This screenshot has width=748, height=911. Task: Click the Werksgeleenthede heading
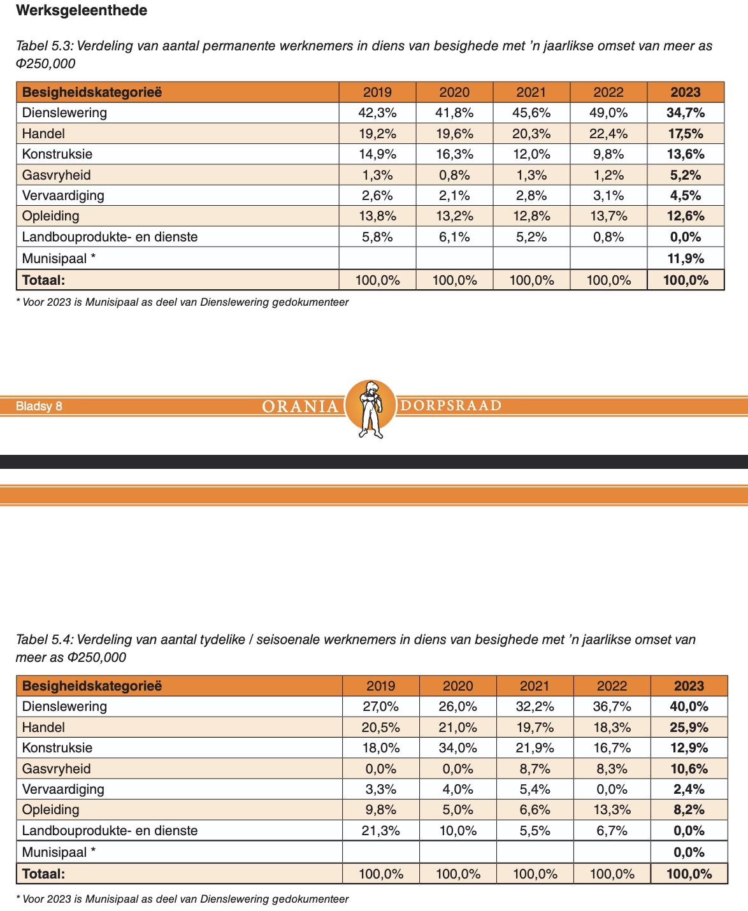[82, 11]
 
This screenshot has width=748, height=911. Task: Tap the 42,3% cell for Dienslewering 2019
[377, 113]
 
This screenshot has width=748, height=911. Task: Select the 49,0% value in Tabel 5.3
[608, 113]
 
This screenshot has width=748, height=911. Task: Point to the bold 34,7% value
[686, 113]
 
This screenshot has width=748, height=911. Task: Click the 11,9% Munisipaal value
[686, 258]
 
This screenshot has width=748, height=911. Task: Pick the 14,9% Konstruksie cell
[377, 154]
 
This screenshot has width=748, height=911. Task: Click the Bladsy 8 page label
[39, 406]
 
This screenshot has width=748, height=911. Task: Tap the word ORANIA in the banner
[300, 406]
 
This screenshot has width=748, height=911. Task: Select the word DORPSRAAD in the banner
[450, 406]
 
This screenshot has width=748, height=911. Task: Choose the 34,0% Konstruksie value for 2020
[457, 748]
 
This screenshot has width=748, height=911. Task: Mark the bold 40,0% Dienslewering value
[689, 707]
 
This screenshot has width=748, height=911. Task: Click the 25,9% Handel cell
[689, 728]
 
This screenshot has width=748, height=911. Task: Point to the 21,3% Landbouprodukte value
[381, 831]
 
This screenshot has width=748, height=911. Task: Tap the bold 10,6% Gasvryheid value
[689, 769]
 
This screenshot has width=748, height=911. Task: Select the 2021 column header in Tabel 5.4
[535, 686]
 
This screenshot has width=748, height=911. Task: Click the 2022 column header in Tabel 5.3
[608, 92]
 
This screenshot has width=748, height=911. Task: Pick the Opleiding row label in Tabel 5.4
[51, 810]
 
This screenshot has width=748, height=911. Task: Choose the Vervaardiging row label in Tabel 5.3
[63, 196]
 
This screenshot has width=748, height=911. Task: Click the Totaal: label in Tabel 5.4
[44, 874]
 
